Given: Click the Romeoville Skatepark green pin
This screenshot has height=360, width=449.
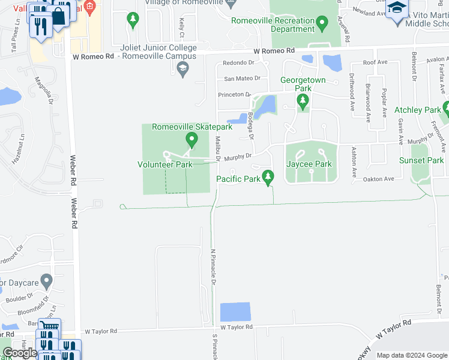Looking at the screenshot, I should tap(192, 140).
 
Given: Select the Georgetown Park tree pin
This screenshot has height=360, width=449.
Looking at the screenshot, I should tap(303, 100).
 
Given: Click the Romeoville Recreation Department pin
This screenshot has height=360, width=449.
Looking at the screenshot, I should tap(322, 25).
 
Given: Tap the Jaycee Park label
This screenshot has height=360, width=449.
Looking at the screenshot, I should tap(309, 164).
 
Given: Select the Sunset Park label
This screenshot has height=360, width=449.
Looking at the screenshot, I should tap(421, 160).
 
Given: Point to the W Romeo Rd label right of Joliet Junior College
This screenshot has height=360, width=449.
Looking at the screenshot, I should tap(274, 52).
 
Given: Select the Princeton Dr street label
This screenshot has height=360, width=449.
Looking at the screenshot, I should tap(234, 94).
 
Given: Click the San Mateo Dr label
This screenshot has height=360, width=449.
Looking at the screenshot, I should tap(242, 78).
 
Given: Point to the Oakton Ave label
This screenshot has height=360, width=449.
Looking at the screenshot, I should tap(381, 179).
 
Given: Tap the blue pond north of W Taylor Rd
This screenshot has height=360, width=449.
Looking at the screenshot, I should tap(235, 312).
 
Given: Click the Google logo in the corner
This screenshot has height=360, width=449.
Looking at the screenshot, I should tap(19, 353).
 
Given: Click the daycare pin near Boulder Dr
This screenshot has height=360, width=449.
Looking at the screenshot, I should tap(47, 281).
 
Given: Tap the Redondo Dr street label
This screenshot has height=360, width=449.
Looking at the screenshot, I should tap(238, 62).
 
